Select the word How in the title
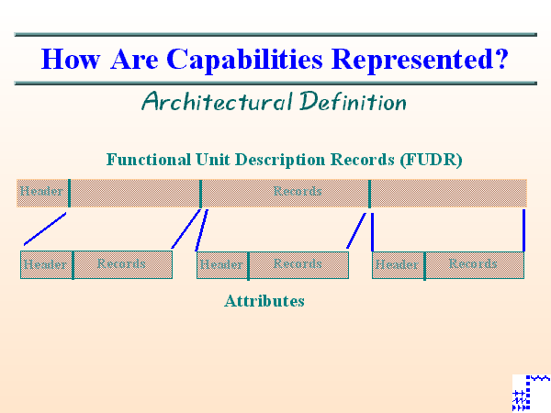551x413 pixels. [71, 60]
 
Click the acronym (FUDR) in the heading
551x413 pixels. [431, 159]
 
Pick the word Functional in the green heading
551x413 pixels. [150, 159]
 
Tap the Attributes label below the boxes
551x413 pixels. [264, 300]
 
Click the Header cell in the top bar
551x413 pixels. [42, 192]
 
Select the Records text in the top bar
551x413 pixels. [298, 192]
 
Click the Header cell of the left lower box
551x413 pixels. [46, 264]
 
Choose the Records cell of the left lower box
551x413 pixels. [122, 264]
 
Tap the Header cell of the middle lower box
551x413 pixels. [221, 264]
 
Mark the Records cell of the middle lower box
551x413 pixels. [298, 264]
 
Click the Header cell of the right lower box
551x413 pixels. [397, 264]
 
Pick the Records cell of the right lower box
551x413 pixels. [474, 264]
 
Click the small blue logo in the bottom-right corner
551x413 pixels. [531, 392]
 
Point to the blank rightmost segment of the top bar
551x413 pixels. [448, 192]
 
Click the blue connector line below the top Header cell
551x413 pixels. [45, 229]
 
